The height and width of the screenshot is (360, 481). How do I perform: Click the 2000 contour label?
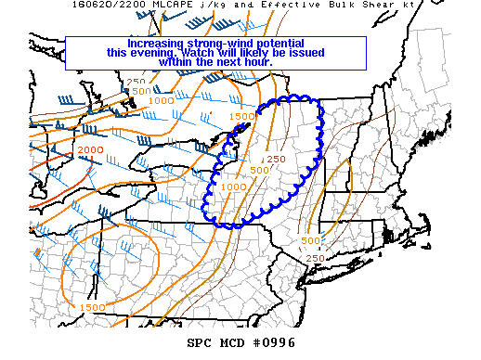pyautogui.click(x=91, y=150)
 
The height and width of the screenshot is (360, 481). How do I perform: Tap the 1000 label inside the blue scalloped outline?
pyautogui.click(x=234, y=186)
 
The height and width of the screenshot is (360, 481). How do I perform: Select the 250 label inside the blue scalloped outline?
pyautogui.click(x=275, y=159)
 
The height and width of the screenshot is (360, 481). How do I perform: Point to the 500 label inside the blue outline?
pyautogui.click(x=259, y=170)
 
